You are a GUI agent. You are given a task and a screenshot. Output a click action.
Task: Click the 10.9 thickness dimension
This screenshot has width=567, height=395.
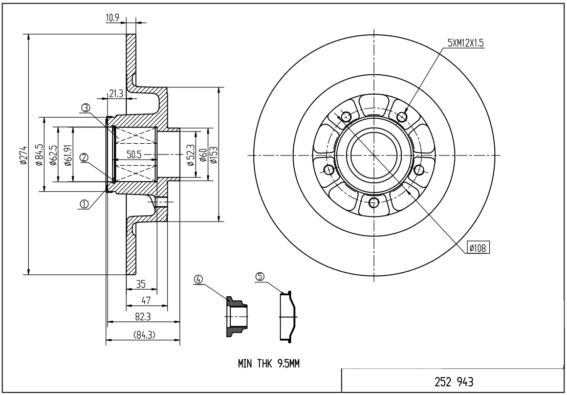point(113,18)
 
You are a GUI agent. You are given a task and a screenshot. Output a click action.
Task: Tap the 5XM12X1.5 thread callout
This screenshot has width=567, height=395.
point(465,43)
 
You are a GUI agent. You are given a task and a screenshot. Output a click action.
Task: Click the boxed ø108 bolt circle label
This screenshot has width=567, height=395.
point(478,248)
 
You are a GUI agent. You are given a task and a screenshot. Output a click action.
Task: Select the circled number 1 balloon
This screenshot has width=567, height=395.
point(84,204)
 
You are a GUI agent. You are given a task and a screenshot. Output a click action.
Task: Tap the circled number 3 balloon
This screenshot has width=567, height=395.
point(85,107)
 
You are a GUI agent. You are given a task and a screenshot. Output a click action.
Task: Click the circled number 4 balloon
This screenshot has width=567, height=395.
point(199,279)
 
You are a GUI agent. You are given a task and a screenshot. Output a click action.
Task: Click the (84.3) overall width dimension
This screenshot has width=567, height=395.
point(144,336)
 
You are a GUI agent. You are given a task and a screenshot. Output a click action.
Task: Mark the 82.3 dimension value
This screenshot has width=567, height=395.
point(143,317)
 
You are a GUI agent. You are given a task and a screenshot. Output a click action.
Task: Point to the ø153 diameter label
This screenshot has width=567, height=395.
point(215,154)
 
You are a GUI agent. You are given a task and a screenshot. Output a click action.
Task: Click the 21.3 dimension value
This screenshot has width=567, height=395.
point(116,94)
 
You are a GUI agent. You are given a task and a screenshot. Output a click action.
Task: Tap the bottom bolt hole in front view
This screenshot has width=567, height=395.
point(374,202)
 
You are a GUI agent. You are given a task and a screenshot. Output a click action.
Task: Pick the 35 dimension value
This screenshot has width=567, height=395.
point(141,284)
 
